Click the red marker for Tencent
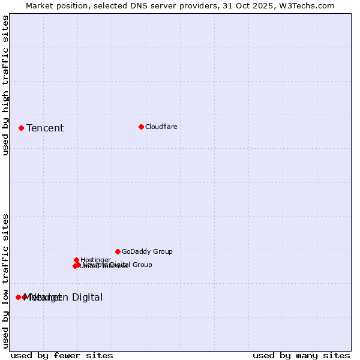click(21, 128)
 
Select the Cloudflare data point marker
click(141, 127)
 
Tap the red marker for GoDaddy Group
click(118, 251)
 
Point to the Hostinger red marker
click(76, 260)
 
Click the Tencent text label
click(45, 128)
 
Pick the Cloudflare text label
click(161, 127)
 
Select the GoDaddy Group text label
click(147, 251)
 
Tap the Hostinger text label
click(95, 260)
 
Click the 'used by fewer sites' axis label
click(62, 355)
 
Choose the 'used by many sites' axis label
click(301, 355)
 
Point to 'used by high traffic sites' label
click(5, 85)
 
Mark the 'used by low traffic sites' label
click(5, 281)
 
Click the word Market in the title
click(39, 5)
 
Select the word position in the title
click(74, 5)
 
